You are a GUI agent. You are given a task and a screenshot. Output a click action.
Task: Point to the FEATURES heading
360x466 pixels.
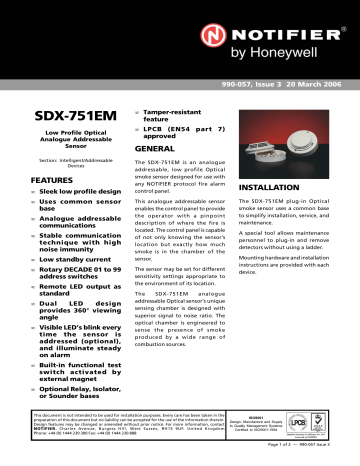click(37, 178)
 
